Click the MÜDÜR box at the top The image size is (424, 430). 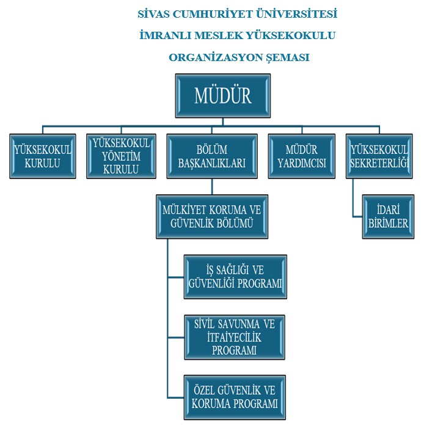tap(223, 96)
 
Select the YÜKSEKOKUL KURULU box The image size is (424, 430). tap(43, 156)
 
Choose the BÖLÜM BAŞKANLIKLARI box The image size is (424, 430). tap(211, 156)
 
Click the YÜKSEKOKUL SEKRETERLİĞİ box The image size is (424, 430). tap(379, 156)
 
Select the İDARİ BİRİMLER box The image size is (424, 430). tap(387, 216)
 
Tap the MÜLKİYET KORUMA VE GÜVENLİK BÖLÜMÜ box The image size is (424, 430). tap(212, 216)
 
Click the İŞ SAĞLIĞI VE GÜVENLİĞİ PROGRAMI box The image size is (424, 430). tap(235, 277)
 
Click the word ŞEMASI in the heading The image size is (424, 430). tap(288, 57)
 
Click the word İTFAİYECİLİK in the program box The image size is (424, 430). tap(235, 337)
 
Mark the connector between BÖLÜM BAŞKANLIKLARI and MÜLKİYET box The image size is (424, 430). tap(211, 186)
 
